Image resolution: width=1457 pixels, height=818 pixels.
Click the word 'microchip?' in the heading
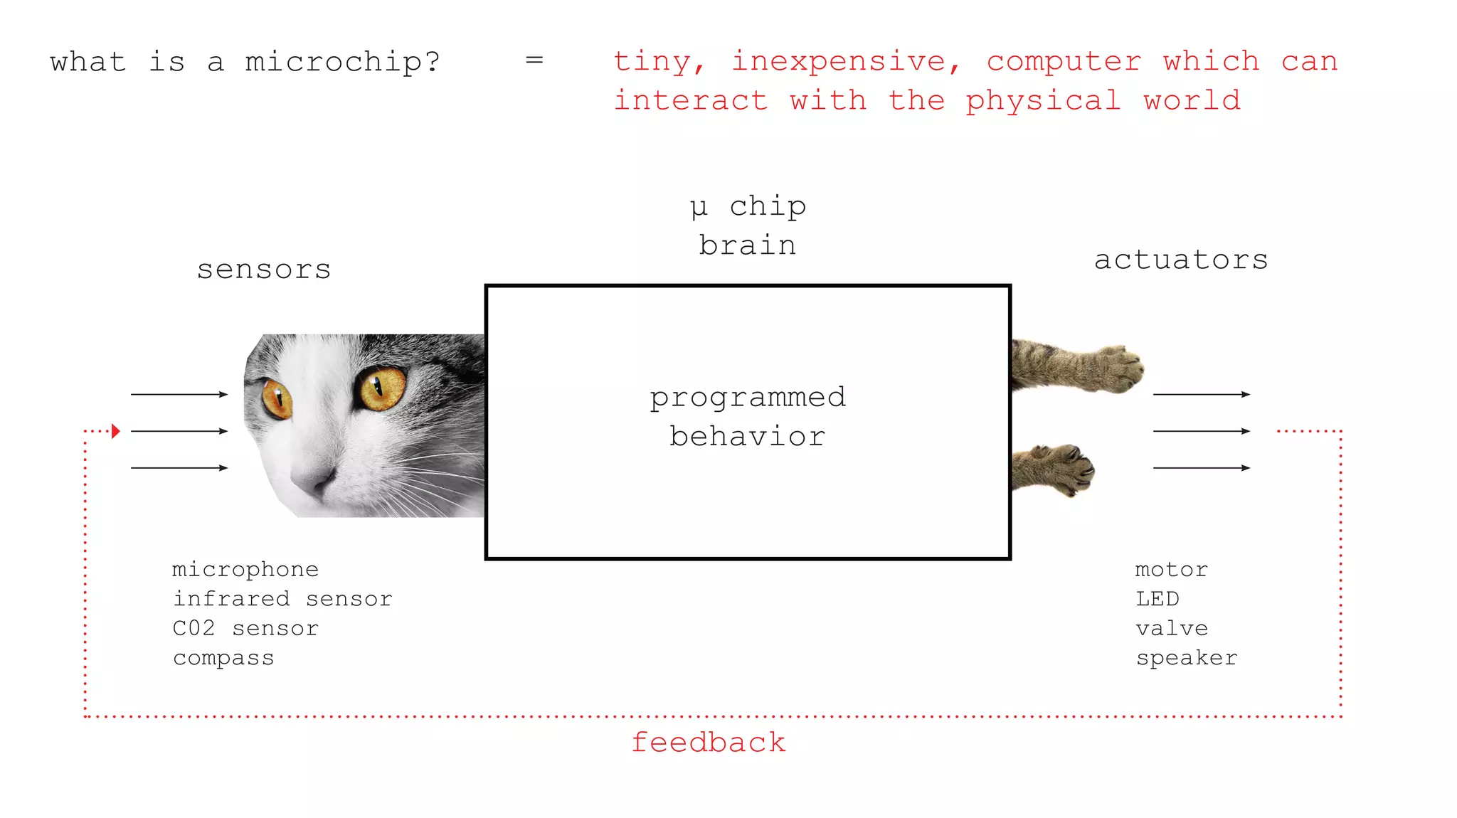342,63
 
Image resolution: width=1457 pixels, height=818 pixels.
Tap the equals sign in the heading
534,60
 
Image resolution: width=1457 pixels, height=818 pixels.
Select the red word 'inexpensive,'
846,62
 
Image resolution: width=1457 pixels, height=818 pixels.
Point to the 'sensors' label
264,270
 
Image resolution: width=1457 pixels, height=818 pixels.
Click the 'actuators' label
1181,260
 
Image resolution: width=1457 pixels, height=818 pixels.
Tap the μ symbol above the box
699,208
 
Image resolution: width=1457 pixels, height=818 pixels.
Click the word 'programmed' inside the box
748,397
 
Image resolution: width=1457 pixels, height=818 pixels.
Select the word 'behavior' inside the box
748,436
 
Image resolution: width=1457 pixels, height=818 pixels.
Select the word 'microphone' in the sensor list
245,569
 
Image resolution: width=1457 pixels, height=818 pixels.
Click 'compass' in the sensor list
223,658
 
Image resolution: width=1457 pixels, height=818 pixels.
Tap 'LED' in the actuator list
1157,599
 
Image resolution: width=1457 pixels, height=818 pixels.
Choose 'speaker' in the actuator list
1187,658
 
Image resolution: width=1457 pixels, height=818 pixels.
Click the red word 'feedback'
709,743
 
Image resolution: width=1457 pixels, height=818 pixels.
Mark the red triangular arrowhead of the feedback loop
115,431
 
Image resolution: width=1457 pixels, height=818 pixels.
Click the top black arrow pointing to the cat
179,394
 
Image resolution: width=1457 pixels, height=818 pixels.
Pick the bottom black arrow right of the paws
1202,468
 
